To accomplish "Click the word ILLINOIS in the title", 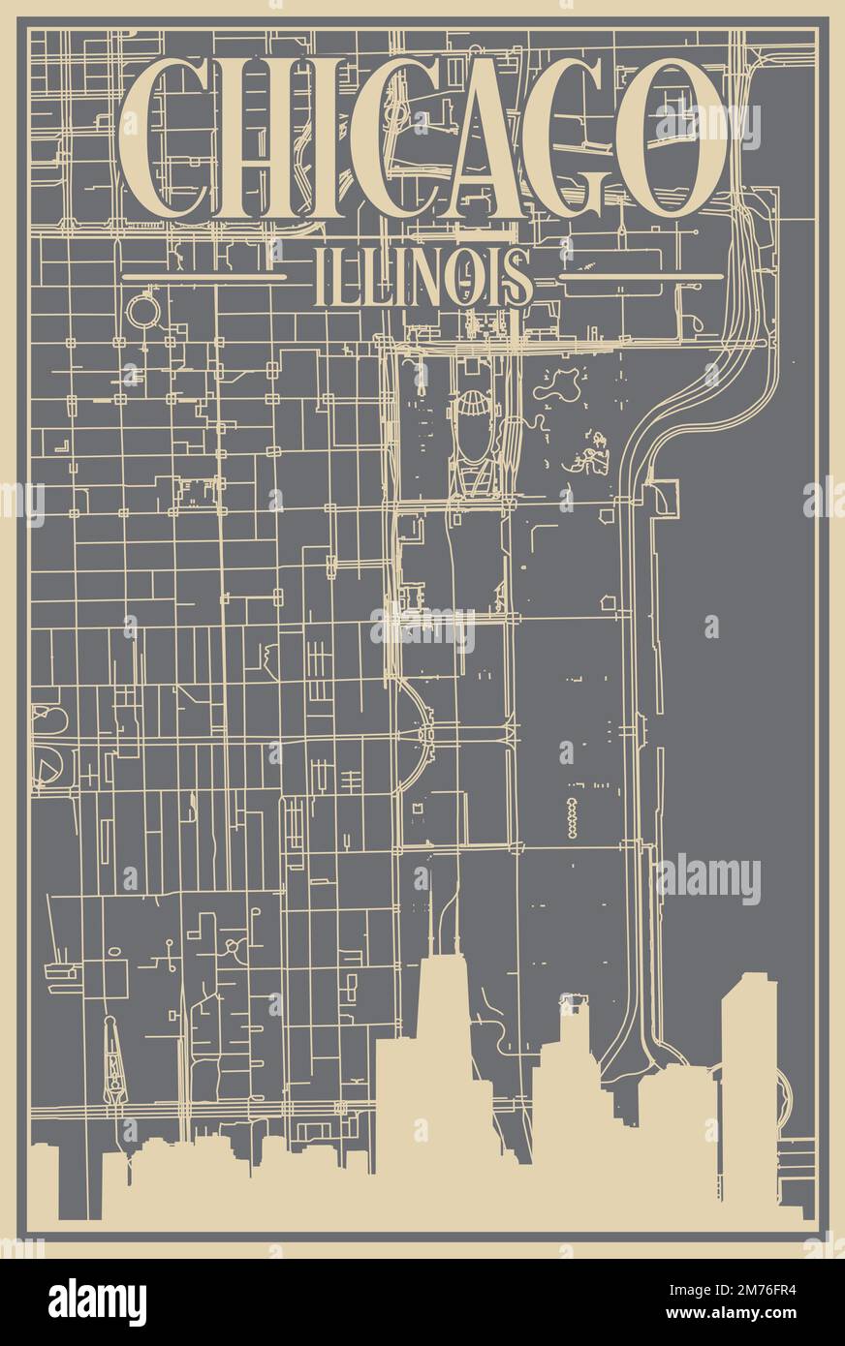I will click(423, 276).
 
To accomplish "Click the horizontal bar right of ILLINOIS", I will click(642, 277).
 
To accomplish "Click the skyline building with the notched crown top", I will click(574, 1026).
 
